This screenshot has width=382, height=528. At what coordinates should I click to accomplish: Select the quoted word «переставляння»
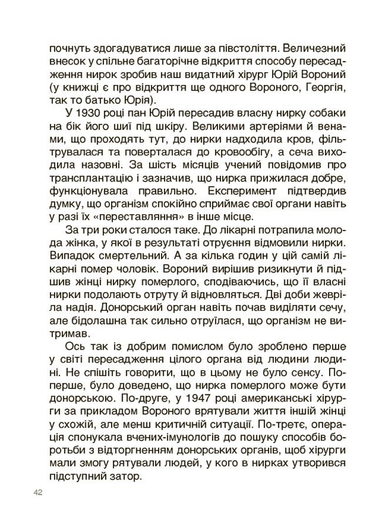coord(143,216)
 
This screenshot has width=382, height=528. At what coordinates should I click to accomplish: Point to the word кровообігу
coord(223,151)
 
